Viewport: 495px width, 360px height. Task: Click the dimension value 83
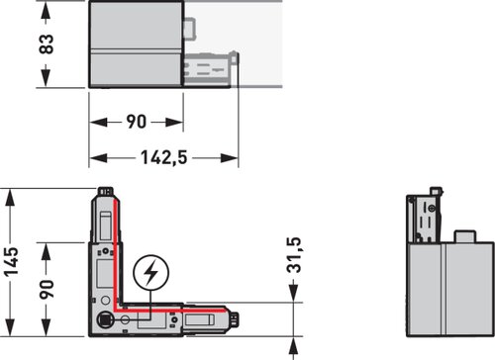tap(46, 44)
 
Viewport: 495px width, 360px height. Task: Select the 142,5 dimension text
tap(164, 157)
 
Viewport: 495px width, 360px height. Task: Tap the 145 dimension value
tap(11, 261)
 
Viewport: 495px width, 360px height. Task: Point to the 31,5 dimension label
tap(294, 255)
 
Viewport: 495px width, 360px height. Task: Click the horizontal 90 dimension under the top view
tap(137, 122)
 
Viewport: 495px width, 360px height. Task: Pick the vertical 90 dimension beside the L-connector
tap(47, 289)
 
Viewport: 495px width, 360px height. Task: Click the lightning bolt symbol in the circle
tap(151, 272)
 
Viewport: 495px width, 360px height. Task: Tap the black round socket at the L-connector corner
tap(105, 319)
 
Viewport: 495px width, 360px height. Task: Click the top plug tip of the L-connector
tap(106, 191)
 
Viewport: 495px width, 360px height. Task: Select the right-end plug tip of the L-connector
tap(235, 319)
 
